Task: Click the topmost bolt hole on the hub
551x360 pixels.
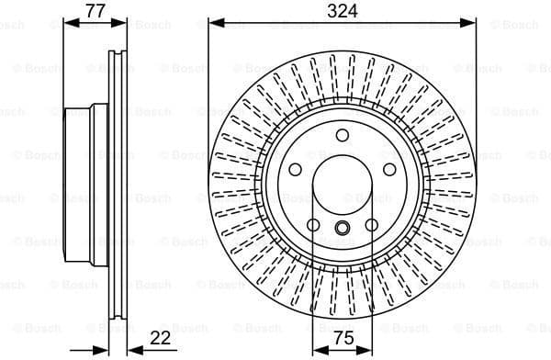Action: point(343,136)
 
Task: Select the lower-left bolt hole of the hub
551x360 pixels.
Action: point(312,225)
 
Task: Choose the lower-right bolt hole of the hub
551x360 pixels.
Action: point(372,225)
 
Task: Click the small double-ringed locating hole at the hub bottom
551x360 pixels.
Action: point(343,230)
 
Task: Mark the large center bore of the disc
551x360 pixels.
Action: point(343,184)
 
